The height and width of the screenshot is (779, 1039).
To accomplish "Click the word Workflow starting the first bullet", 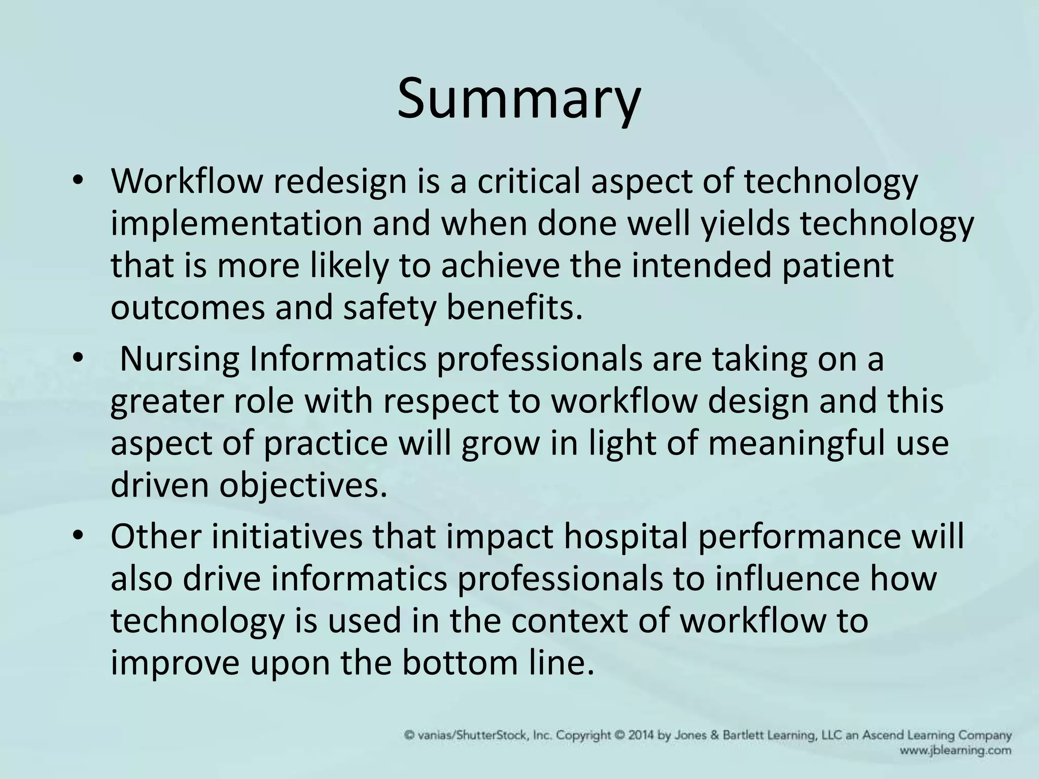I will (186, 182).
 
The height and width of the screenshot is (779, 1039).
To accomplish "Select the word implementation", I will (236, 224).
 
